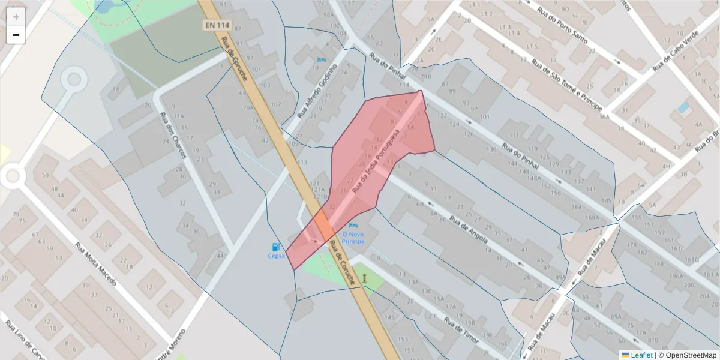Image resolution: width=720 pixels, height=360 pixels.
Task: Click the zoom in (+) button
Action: (x=16, y=17)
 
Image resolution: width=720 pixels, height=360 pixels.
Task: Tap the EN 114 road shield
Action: (x=217, y=26)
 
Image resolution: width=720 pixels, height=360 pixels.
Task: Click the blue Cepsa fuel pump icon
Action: (x=276, y=246)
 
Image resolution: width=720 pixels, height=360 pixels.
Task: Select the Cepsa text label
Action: (x=276, y=256)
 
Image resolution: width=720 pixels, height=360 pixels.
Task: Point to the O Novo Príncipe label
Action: (x=353, y=237)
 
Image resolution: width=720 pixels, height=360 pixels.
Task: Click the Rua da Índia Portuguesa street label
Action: (x=376, y=160)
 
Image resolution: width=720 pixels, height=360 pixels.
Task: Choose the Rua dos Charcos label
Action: (x=173, y=136)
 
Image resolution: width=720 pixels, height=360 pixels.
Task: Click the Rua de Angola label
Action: (x=470, y=231)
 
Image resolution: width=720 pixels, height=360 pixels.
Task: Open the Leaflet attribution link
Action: (x=641, y=355)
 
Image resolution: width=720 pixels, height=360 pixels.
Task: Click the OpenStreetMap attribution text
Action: (x=688, y=355)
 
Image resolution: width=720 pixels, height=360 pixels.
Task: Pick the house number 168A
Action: (x=593, y=217)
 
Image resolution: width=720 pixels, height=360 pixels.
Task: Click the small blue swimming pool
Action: (x=683, y=108)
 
